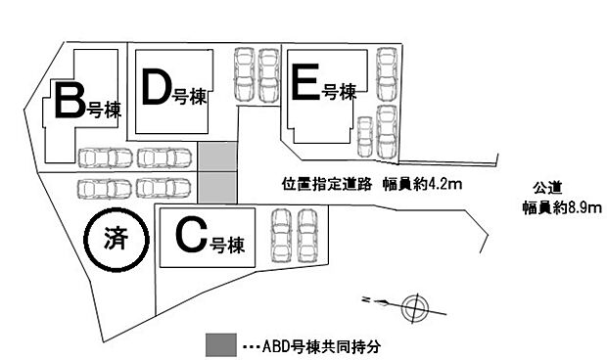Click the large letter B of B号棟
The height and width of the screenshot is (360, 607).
[x=69, y=101]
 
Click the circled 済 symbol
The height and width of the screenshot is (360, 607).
[x=116, y=238]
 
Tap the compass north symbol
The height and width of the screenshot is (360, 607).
[x=414, y=306]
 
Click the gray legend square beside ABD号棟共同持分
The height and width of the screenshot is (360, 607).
[x=220, y=344]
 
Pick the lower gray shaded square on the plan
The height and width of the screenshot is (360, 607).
[x=218, y=186]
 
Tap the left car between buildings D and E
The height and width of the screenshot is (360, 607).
[x=243, y=76]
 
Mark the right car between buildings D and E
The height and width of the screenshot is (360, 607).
[x=268, y=76]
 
